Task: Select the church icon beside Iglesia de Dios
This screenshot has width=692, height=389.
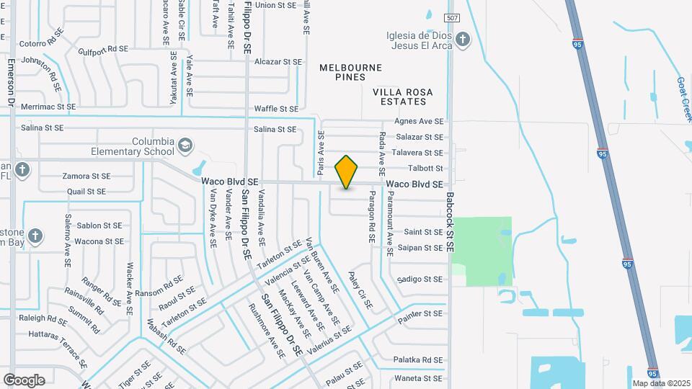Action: click(463, 40)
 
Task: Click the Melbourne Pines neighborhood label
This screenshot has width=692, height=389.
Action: click(351, 67)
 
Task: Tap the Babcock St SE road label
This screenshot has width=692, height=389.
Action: click(450, 215)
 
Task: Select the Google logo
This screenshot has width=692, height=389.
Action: click(24, 380)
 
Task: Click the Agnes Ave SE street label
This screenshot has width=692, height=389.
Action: click(418, 121)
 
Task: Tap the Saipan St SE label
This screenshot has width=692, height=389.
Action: click(420, 248)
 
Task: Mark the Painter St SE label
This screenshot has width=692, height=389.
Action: click(418, 314)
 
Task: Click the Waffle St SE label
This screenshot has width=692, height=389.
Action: click(275, 109)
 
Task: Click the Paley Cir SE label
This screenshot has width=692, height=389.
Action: click(360, 290)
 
